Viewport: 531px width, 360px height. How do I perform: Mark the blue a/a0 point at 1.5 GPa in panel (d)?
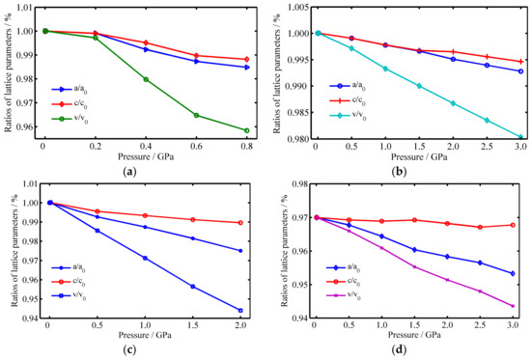tap(413, 250)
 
